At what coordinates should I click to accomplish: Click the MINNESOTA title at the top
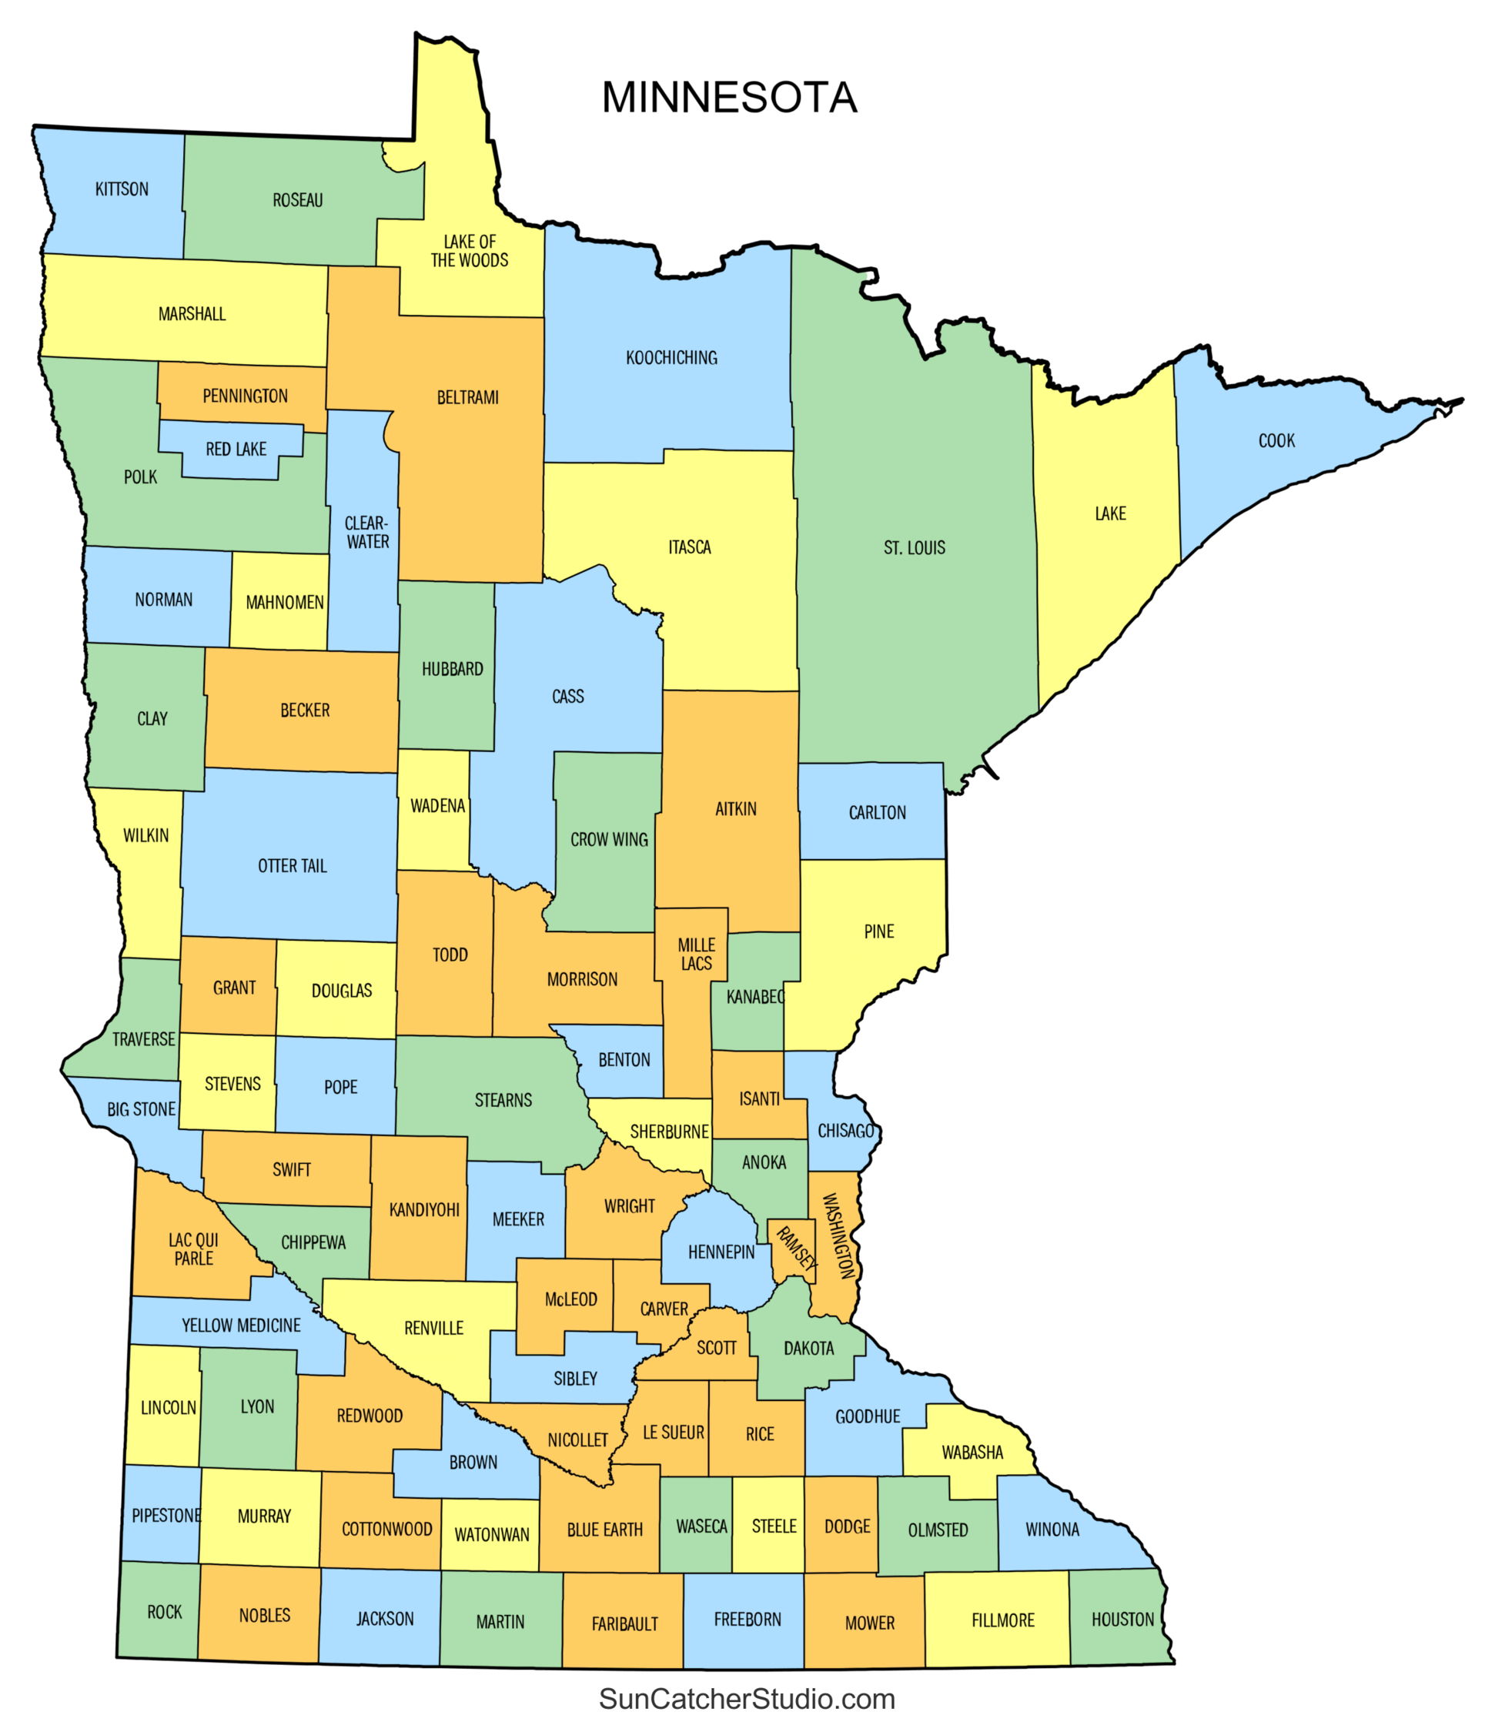click(729, 98)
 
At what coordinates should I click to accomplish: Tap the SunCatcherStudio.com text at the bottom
click(747, 1699)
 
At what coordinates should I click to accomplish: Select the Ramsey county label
click(795, 1249)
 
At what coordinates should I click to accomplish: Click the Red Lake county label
click(236, 450)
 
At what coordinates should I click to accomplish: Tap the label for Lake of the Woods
click(469, 251)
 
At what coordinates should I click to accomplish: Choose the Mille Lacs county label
click(696, 954)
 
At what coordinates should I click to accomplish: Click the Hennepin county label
click(721, 1252)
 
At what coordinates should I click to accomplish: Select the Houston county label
click(1122, 1619)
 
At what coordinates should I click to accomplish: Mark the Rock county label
click(164, 1612)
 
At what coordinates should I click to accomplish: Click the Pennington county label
click(245, 396)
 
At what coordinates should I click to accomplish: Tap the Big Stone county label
click(142, 1109)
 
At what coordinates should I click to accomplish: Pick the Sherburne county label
click(669, 1132)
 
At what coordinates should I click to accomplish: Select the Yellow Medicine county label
click(241, 1325)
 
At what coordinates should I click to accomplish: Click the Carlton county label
click(877, 813)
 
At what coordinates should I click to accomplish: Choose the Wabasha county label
click(972, 1452)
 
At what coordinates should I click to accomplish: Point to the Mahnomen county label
click(284, 603)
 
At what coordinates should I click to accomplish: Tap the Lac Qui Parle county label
click(193, 1249)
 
